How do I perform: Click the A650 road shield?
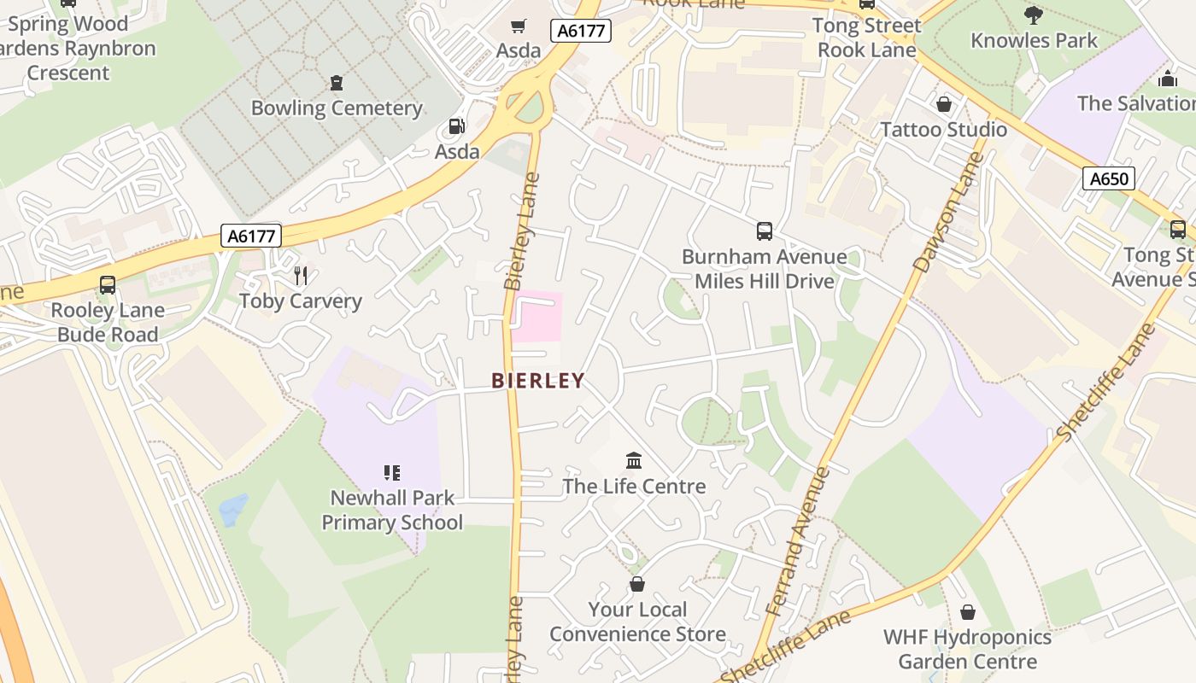point(1110,179)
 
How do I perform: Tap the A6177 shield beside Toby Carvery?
point(251,236)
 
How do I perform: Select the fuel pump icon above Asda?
point(457,127)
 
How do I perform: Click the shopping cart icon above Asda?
point(519,26)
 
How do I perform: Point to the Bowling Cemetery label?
point(337,108)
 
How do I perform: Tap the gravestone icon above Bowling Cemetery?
point(337,83)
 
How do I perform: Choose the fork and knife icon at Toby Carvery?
point(300,275)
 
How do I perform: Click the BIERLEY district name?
point(538,381)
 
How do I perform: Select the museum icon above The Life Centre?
point(634,461)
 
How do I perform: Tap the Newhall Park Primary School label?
point(392,510)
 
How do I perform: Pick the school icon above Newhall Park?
point(392,472)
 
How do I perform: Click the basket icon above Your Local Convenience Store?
point(636,584)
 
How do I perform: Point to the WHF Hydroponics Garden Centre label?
point(967,649)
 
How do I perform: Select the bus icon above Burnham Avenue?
point(765,231)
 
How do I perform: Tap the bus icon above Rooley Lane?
point(108,285)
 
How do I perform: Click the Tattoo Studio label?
point(943,130)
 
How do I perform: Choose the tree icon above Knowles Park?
point(1034,15)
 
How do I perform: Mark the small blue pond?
point(233,510)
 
